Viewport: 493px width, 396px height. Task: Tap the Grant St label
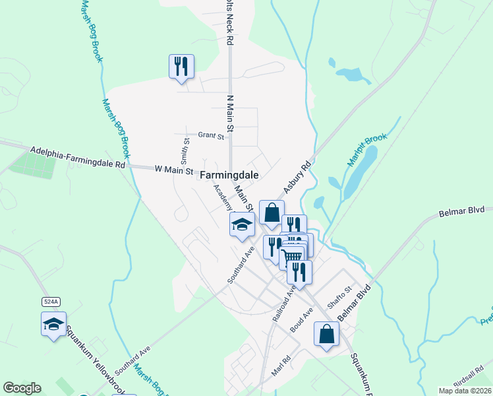(211, 137)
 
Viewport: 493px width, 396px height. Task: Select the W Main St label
(174, 170)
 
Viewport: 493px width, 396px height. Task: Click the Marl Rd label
(285, 366)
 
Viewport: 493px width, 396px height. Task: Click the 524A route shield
(51, 302)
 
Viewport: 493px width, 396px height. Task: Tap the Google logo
(22, 388)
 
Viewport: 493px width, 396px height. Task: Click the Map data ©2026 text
(465, 391)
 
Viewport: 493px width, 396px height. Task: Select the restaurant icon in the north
(181, 66)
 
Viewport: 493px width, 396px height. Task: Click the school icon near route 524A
(53, 323)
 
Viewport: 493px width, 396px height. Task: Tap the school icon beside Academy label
(242, 224)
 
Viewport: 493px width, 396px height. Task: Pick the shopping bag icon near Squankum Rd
(326, 333)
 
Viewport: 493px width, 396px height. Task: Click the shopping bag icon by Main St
(272, 213)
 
